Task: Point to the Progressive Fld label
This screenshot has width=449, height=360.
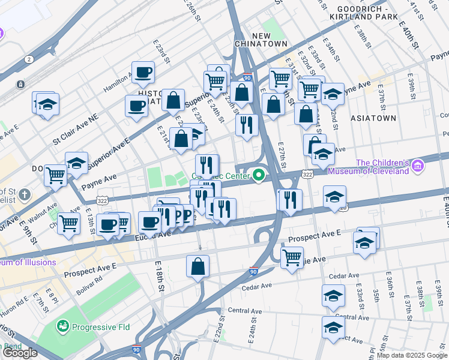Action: click(x=97, y=327)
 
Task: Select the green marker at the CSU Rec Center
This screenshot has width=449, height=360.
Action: click(x=259, y=175)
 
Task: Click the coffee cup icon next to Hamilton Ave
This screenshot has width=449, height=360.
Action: click(x=143, y=73)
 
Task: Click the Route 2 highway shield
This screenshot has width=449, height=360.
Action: click(x=28, y=59)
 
